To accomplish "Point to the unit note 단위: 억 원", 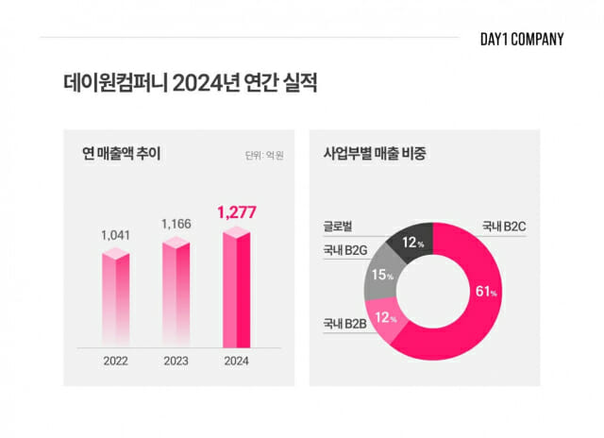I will click(x=263, y=155).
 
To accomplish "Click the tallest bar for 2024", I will click(x=236, y=288).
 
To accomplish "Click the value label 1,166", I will click(x=176, y=224).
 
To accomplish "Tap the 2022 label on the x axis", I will click(x=115, y=360).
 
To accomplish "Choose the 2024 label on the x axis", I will click(x=236, y=360).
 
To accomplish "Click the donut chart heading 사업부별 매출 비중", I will click(x=375, y=154).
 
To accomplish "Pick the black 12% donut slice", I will click(x=411, y=243).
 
